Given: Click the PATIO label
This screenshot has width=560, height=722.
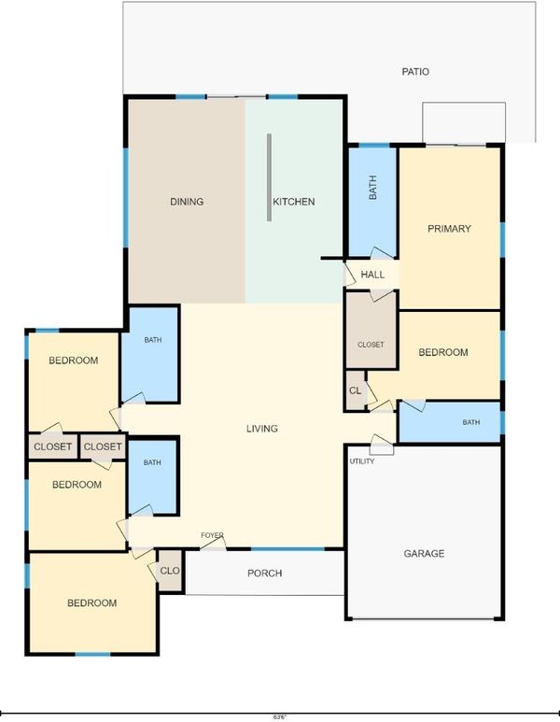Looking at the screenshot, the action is [415, 72].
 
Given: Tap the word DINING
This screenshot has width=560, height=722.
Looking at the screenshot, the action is [187, 202].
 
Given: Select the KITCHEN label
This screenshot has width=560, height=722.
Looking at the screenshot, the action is [294, 202].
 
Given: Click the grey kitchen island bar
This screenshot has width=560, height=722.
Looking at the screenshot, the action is [269, 177].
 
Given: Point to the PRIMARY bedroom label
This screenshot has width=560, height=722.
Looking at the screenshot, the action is [449, 229].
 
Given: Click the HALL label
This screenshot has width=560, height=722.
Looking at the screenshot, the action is [372, 275].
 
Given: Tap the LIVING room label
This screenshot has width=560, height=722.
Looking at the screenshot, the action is [262, 429].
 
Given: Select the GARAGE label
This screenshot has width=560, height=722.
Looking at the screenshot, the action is [425, 554].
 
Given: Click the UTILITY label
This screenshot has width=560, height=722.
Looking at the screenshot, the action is [362, 460].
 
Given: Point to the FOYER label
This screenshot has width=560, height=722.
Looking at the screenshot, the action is [212, 535].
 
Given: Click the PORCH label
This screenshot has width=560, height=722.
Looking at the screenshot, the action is [264, 573].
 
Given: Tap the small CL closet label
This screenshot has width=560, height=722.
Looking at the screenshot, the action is [356, 391].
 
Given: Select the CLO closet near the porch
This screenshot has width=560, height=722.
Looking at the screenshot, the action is [170, 571].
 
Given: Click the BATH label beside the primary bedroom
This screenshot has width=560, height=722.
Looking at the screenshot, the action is [372, 188].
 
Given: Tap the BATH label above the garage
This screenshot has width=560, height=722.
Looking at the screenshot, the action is [471, 422].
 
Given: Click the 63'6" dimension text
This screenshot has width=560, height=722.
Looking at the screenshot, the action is [280, 717].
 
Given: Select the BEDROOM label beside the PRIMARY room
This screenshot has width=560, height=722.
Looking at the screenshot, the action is [443, 353].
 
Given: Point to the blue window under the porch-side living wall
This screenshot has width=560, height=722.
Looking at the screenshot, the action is [287, 549].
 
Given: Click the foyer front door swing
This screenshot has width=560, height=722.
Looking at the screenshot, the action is [213, 544].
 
